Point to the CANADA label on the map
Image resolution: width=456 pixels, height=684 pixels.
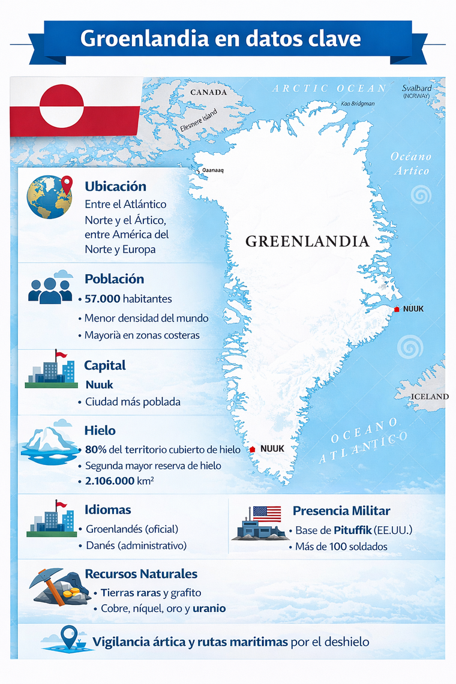(208, 92)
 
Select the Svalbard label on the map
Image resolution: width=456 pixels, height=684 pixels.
(416, 88)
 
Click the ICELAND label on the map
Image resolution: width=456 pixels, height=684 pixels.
(430, 397)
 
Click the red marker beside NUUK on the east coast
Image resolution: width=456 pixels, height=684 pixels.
(396, 309)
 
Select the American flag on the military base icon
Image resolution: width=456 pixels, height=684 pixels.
(266, 513)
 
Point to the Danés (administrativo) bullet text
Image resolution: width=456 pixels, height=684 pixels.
(136, 545)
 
